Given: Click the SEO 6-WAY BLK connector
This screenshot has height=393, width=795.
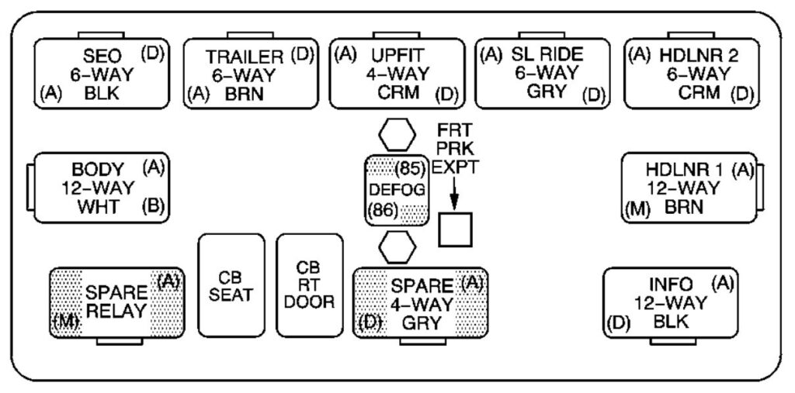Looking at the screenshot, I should tap(100, 74).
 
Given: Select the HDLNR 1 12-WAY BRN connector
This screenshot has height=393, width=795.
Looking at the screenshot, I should tap(689, 188).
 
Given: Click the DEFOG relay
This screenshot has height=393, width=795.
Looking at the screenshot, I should tap(397, 190).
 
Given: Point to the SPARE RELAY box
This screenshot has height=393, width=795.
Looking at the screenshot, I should tap(116, 302).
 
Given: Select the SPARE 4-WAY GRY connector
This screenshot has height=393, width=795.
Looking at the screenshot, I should tap(420, 302).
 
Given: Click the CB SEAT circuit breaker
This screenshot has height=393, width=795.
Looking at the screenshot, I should tap(233, 286).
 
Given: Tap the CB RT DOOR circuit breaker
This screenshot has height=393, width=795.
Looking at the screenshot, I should tap(309, 284).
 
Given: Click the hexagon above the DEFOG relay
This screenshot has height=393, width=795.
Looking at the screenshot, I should tap(397, 135).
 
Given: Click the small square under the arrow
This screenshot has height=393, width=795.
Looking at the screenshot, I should tap(456, 230).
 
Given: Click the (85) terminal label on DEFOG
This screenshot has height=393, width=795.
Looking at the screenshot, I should tap(408, 168).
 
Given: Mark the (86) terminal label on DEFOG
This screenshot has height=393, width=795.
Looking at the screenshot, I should tap(383, 209).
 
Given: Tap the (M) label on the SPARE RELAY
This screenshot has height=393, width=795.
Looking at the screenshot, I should tap(67, 321).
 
